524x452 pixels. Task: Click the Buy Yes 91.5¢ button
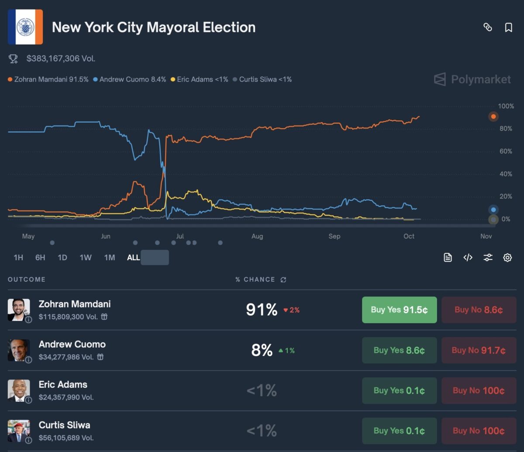pyautogui.click(x=399, y=310)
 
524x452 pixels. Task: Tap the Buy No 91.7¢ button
pyautogui.click(x=479, y=350)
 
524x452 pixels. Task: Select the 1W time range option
pyautogui.click(x=86, y=258)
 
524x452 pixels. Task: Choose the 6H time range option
pyautogui.click(x=40, y=258)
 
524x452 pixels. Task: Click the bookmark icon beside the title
pyautogui.click(x=508, y=28)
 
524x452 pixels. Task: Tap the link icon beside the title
pyautogui.click(x=488, y=28)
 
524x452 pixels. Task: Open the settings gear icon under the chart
pyautogui.click(x=507, y=258)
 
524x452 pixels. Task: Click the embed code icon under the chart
pyautogui.click(x=468, y=258)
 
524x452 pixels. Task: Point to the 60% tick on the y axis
pyautogui.click(x=506, y=151)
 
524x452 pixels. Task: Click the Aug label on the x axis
pyautogui.click(x=257, y=236)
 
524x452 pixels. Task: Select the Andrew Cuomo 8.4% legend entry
pyautogui.click(x=129, y=79)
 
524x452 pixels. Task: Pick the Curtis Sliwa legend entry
pyautogui.click(x=262, y=79)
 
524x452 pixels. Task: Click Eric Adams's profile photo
pyautogui.click(x=19, y=390)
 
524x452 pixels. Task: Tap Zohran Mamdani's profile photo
pyautogui.click(x=19, y=310)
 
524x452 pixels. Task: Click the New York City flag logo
pyautogui.click(x=25, y=27)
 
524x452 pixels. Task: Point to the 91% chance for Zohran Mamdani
pyautogui.click(x=262, y=310)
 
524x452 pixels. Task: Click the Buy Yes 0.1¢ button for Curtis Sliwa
pyautogui.click(x=399, y=431)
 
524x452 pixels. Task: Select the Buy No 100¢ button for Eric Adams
pyautogui.click(x=479, y=390)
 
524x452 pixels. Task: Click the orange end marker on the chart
pyautogui.click(x=493, y=117)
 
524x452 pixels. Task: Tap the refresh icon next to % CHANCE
pyautogui.click(x=283, y=279)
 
